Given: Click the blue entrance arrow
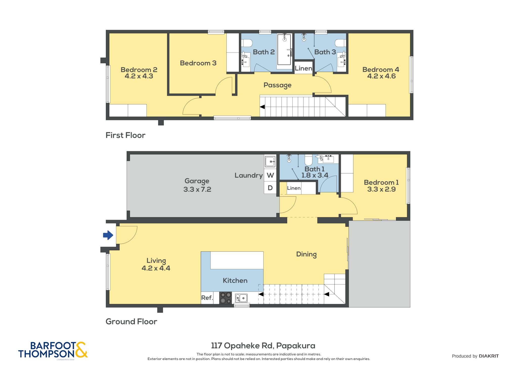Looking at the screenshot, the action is click(x=108, y=235).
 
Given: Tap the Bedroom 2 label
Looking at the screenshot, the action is click(x=139, y=70).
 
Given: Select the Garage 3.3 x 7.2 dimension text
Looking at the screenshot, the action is click(x=197, y=189).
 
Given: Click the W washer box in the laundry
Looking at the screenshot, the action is click(x=270, y=175).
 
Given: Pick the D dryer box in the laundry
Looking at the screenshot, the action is click(x=270, y=188).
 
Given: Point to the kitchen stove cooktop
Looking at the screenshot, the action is click(x=225, y=298).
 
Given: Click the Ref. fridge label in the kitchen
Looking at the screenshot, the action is click(x=207, y=298).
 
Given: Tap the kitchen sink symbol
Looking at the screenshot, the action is click(x=242, y=298).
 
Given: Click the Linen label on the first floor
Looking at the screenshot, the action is click(x=304, y=68).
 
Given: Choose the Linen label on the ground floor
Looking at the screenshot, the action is click(x=294, y=188).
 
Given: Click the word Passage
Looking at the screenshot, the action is click(x=277, y=85).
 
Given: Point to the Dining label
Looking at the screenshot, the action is click(x=306, y=254).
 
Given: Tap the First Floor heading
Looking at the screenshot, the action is click(x=125, y=135).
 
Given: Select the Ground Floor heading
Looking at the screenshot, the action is click(x=131, y=321).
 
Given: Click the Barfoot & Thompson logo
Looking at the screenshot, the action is click(x=53, y=350).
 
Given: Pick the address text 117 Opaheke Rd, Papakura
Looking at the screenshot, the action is click(x=263, y=346).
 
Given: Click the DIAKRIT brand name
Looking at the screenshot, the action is click(x=489, y=356).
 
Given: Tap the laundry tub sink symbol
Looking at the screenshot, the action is click(x=270, y=161).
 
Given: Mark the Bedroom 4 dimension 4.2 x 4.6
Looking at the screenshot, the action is click(x=381, y=76).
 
